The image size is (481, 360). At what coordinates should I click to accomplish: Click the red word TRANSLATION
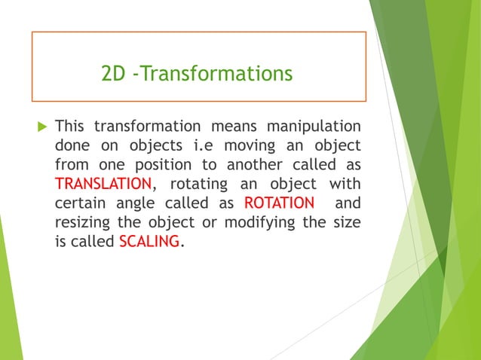pyautogui.click(x=103, y=184)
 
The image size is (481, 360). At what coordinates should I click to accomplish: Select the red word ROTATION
pyautogui.click(x=279, y=203)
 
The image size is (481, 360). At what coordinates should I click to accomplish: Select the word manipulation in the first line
pyautogui.click(x=313, y=125)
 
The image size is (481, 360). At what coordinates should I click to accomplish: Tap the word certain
pyautogui.click(x=81, y=203)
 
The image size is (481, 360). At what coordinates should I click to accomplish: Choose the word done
pyautogui.click(x=72, y=145)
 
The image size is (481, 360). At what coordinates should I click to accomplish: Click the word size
pyautogui.click(x=345, y=223)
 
